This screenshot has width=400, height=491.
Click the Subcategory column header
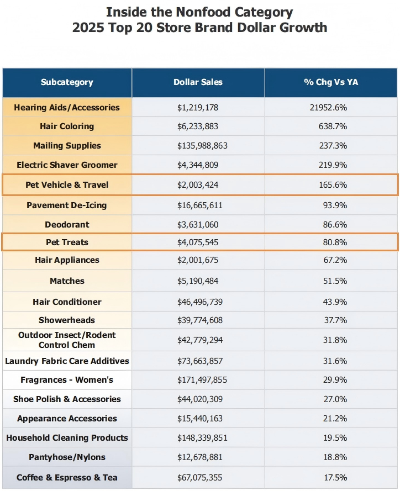pos(67,82)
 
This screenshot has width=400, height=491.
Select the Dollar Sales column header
pos(198,82)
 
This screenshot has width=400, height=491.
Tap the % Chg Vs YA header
pos(331,82)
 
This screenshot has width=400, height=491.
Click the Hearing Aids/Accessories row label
pos(67,108)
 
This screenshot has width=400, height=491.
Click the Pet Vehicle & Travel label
pos(67,185)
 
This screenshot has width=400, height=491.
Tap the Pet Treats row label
pos(67,242)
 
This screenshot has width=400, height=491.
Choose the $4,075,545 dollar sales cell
pos(198,242)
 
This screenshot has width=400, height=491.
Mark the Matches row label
pos(67,281)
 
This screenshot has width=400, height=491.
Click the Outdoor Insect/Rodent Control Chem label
pos(67,340)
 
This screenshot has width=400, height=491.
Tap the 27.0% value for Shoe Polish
pos(335,399)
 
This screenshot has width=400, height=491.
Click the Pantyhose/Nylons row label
pos(67,457)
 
